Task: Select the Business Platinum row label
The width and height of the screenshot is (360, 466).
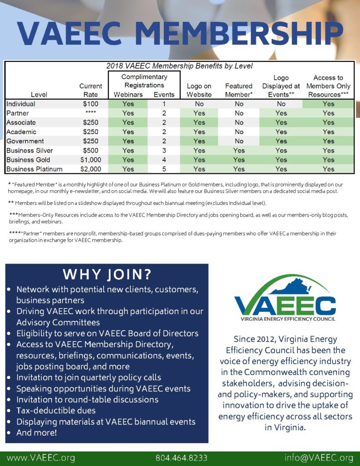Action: pos(35,169)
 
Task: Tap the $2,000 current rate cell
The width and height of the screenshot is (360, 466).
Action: pos(91,169)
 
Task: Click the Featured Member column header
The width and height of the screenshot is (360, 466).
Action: pos(238,90)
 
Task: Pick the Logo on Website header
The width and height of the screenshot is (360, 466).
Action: pos(199,90)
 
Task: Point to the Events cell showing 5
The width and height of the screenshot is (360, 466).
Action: pos(164,169)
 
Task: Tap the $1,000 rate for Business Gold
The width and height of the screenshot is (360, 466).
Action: pos(91,160)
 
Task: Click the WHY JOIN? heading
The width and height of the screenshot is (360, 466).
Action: pos(107,274)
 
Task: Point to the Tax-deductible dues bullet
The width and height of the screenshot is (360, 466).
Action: pos(56,410)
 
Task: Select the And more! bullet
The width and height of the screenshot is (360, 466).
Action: pos(36,433)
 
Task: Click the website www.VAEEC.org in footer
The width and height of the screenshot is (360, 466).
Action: pos(41,457)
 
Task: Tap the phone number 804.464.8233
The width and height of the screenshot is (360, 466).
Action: pos(182,457)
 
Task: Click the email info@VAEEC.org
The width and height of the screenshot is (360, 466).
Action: pos(319,457)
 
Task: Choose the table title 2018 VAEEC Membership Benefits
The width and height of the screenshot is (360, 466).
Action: pos(179,66)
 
